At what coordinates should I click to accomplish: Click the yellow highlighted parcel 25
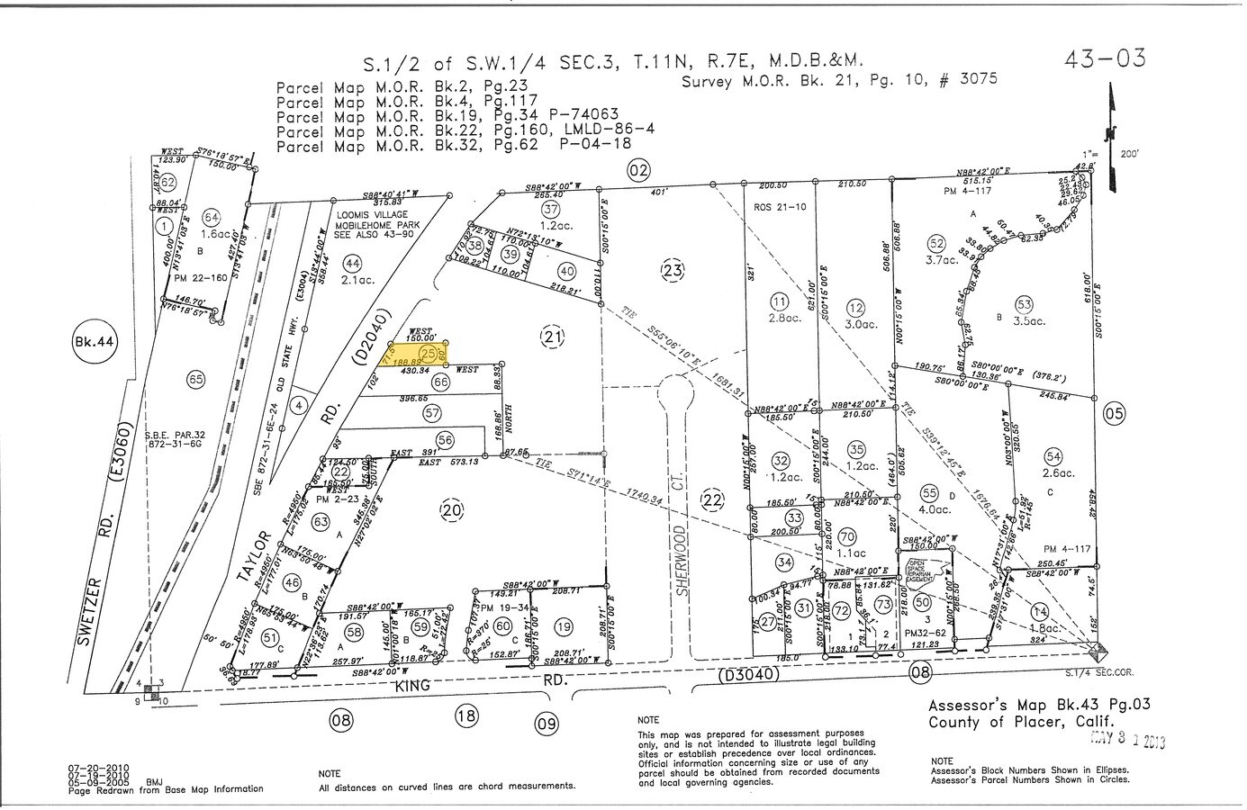pos(419,354)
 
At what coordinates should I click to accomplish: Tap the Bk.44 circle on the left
pos(89,342)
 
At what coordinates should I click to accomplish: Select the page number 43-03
pos(1105,59)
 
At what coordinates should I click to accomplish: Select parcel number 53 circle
pos(1024,304)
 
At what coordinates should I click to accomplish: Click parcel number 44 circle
pos(352,263)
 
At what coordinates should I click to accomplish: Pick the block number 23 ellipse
pos(673,270)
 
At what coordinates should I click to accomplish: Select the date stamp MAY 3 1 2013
pos(1127,741)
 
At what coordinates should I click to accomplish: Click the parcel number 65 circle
pos(195,379)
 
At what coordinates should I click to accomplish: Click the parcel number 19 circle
pos(564,626)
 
